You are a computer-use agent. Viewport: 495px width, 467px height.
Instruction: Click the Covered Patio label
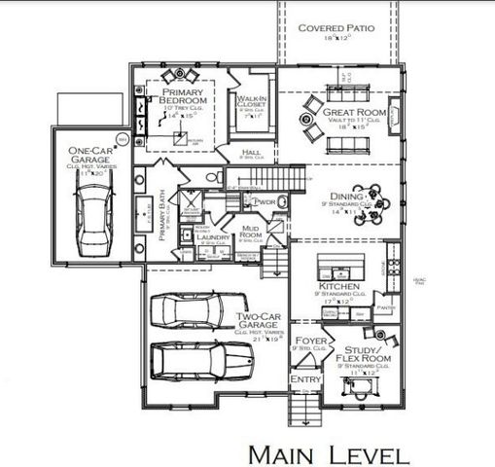point(336,28)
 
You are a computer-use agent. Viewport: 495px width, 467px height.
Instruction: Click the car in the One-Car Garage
point(92,217)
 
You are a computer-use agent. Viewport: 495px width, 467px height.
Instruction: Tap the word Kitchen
point(339,289)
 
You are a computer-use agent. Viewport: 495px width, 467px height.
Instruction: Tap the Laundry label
point(212,235)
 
